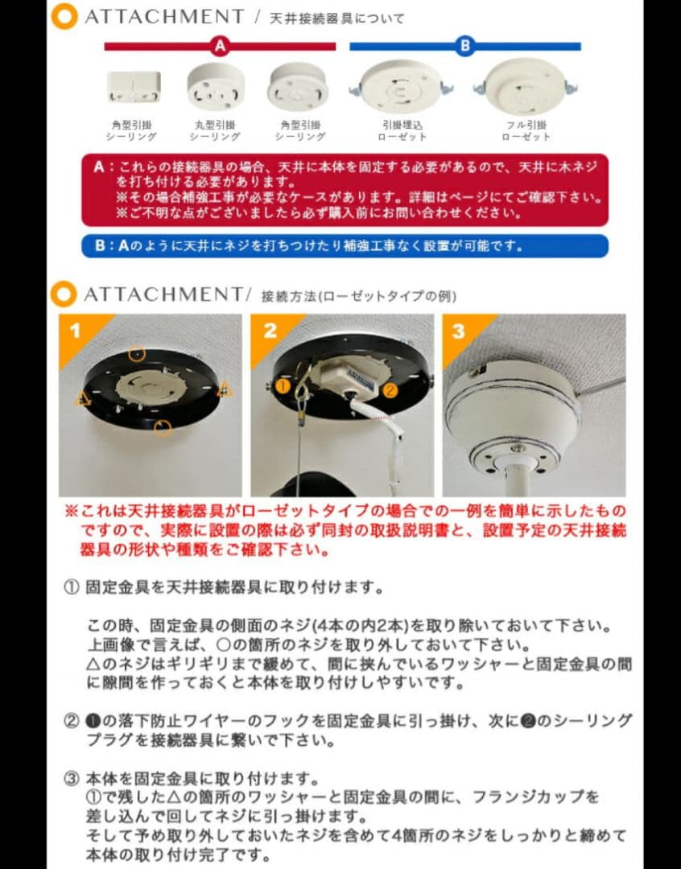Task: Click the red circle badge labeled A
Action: click(x=220, y=47)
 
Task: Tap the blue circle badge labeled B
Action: click(x=464, y=47)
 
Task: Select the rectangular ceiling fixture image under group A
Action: click(x=134, y=87)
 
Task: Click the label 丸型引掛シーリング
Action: click(x=215, y=131)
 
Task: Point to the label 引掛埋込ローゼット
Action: click(x=402, y=131)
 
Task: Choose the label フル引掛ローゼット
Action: click(x=526, y=131)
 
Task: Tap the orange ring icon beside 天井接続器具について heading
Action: click(x=64, y=17)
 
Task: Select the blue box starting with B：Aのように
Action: click(x=345, y=245)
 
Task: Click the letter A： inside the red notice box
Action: click(x=103, y=167)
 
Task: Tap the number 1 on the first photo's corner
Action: click(x=73, y=331)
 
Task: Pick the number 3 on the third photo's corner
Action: click(x=457, y=331)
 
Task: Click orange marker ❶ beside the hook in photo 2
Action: click(x=283, y=386)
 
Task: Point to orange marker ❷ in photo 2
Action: click(x=389, y=391)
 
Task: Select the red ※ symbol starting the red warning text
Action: click(x=71, y=512)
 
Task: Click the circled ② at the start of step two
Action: click(x=71, y=720)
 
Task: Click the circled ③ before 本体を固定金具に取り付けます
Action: click(x=71, y=779)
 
